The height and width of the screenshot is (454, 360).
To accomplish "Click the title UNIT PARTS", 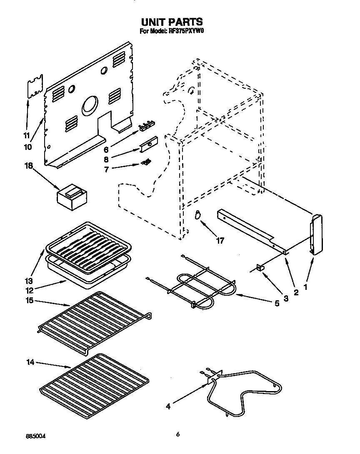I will coord(171,22).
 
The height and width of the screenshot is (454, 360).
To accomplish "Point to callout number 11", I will coord(26,136).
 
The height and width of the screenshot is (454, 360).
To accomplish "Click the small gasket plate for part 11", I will coord(35,86).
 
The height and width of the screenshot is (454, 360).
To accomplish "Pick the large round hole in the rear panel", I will coord(90,106).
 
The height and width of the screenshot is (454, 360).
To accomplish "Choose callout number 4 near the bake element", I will coord(168,406).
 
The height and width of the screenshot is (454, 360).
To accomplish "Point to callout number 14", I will coord(29,363).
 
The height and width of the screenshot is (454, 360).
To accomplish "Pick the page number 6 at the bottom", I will coord(178,434).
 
